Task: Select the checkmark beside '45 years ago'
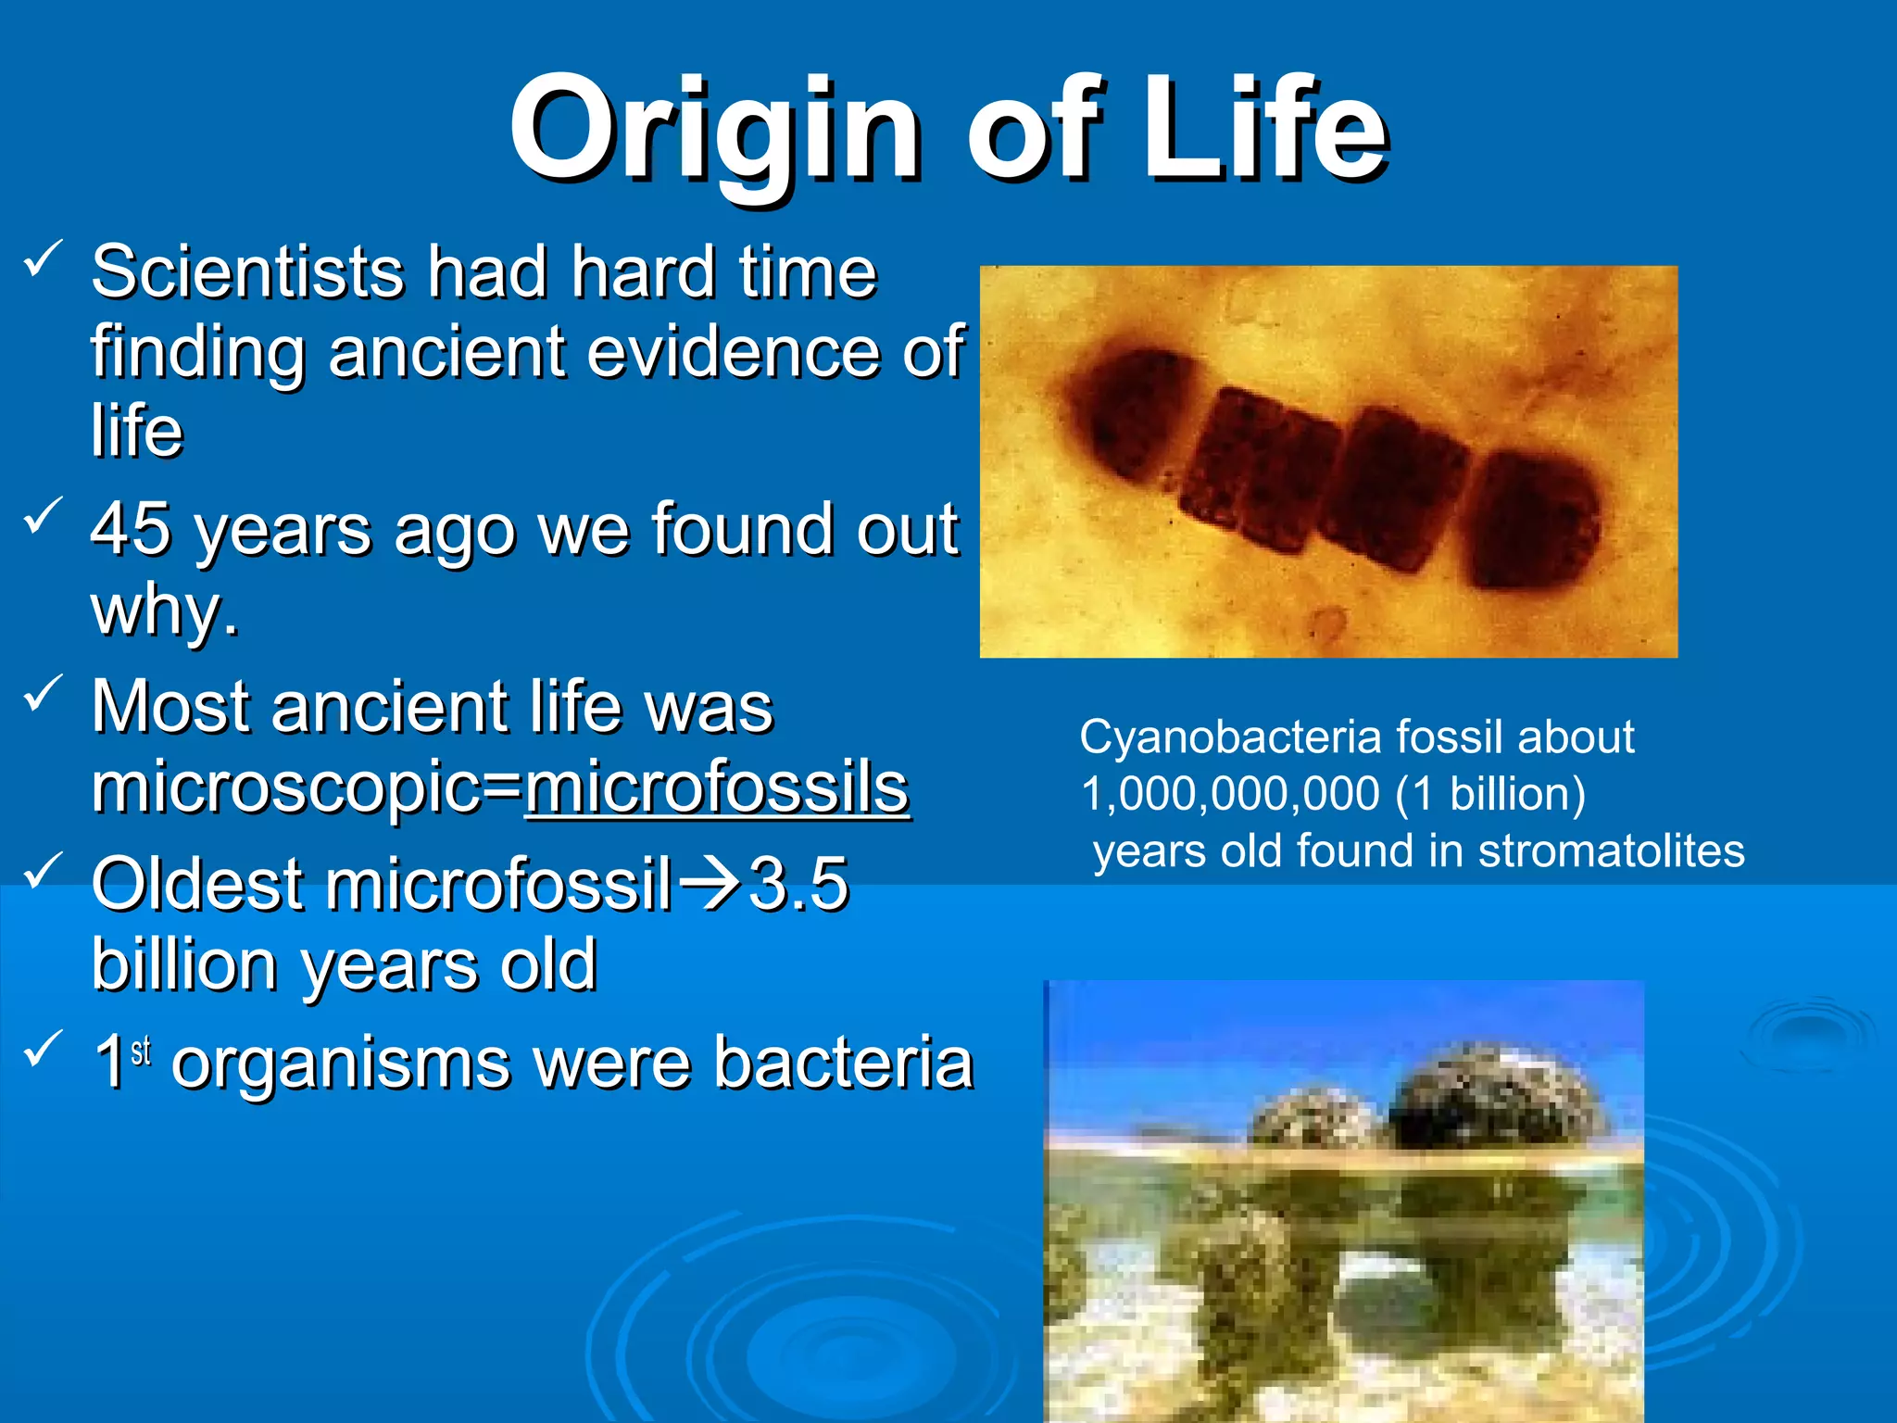[43, 516]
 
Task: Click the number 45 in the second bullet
[131, 529]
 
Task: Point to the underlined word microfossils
[717, 789]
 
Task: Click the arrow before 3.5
[710, 884]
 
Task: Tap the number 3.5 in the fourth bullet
[798, 884]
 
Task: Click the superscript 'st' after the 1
[141, 1052]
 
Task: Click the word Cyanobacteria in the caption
[1231, 737]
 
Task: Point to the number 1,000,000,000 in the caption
[1230, 795]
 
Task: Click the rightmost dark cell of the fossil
[1533, 519]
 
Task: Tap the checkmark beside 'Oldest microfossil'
[43, 871]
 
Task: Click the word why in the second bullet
[157, 611]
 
